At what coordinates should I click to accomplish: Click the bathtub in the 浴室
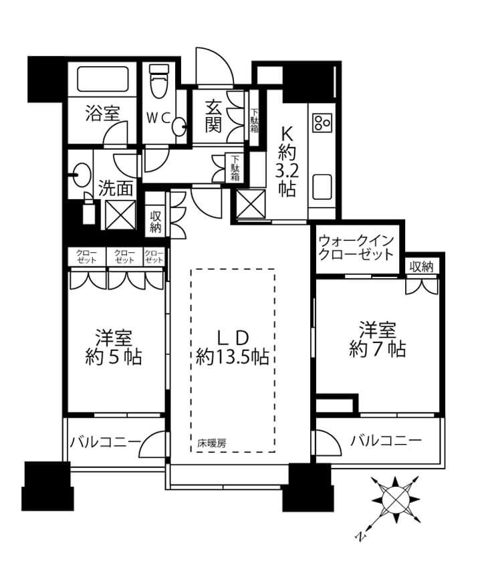103,80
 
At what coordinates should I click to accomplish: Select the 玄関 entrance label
213,116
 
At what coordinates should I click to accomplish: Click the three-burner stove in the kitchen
322,122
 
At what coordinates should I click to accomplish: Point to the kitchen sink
322,187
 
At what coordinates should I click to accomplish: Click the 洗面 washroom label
116,189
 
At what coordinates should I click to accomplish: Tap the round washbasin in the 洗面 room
82,175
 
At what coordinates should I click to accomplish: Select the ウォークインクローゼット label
356,247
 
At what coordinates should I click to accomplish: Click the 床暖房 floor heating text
211,443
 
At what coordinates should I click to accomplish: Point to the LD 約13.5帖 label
232,348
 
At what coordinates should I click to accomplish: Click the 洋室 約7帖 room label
378,340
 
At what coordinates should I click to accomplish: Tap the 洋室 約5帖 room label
114,348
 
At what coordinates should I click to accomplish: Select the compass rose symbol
394,499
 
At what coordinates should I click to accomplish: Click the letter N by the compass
360,537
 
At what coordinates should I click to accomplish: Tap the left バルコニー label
105,442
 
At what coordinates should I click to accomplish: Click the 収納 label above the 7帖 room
421,267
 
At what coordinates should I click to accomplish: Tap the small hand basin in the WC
180,127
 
